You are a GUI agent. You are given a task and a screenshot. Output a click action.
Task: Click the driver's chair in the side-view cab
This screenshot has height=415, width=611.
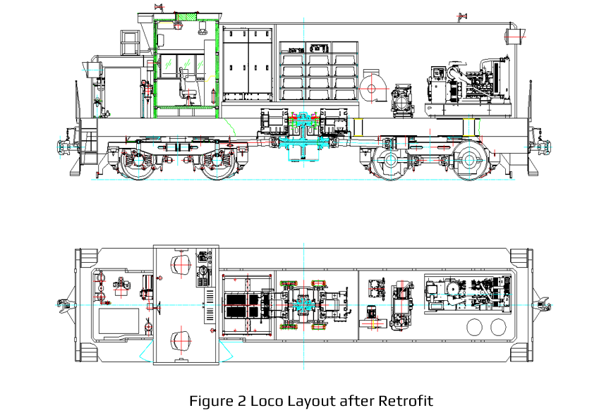(187, 87)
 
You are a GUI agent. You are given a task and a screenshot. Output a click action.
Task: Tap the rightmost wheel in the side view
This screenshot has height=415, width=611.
(468, 161)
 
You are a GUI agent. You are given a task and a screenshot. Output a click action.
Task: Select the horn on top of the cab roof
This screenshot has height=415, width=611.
(160, 7)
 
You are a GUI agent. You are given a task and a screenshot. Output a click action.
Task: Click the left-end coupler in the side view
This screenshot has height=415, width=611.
(63, 144)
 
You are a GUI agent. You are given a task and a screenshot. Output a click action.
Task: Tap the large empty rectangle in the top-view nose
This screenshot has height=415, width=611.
(119, 323)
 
